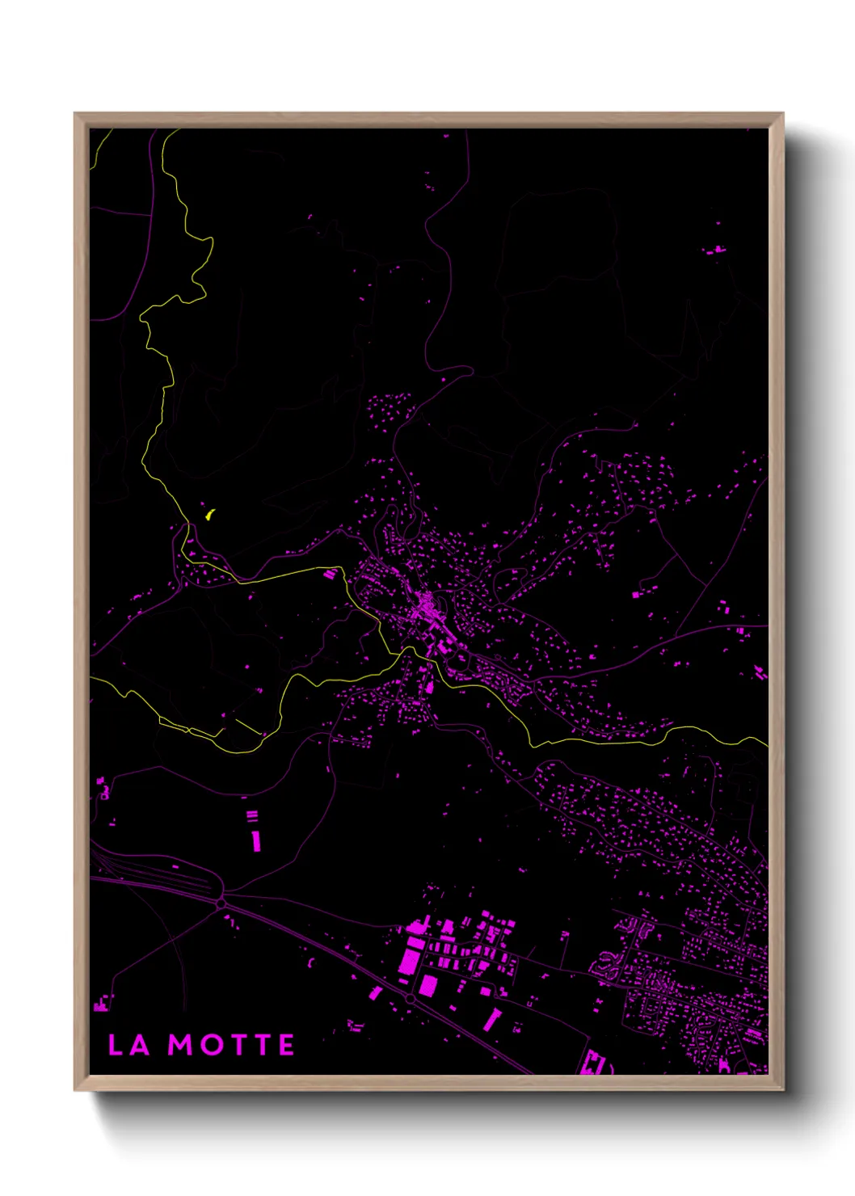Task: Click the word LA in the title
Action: (x=129, y=1045)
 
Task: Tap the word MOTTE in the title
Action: (x=231, y=1045)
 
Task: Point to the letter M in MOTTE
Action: (x=180, y=1045)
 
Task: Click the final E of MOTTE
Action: (x=286, y=1045)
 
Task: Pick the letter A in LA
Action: (x=139, y=1045)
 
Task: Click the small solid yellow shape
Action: (x=209, y=514)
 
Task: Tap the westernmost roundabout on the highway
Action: (x=221, y=903)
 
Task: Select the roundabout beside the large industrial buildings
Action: (x=410, y=999)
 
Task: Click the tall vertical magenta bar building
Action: (x=255, y=840)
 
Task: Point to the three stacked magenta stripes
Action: (x=252, y=816)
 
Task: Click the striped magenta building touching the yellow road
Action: (x=329, y=575)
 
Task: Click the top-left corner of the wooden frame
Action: (x=76, y=115)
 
